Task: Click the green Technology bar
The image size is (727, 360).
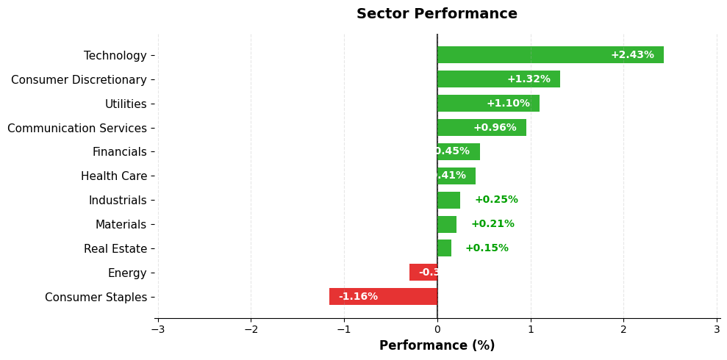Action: pyautogui.click(x=550, y=55)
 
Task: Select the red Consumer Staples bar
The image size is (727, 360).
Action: pyautogui.click(x=383, y=297)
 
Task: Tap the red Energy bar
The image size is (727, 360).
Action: pyautogui.click(x=423, y=273)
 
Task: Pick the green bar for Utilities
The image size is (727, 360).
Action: pyautogui.click(x=488, y=104)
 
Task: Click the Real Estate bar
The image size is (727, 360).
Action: pyautogui.click(x=444, y=248)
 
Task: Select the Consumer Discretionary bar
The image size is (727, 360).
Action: pyautogui.click(x=498, y=79)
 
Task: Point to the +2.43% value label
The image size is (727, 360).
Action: pyautogui.click(x=631, y=55)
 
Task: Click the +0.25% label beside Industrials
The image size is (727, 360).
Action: pyautogui.click(x=496, y=200)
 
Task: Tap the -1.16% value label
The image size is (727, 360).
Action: pyautogui.click(x=358, y=297)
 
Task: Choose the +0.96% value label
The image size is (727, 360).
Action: pyautogui.click(x=495, y=128)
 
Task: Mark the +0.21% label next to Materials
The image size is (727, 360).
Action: pyautogui.click(x=493, y=224)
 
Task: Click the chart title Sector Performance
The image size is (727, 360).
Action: pyautogui.click(x=437, y=14)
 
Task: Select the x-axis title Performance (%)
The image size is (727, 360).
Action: pyautogui.click(x=437, y=345)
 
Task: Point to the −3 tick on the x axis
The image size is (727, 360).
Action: pyautogui.click(x=158, y=329)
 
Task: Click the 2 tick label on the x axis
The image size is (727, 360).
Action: pyautogui.click(x=623, y=329)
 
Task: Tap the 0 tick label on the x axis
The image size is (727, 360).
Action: pyautogui.click(x=437, y=329)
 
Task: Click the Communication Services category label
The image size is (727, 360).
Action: pyautogui.click(x=77, y=129)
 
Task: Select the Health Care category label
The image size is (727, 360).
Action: pyautogui.click(x=114, y=176)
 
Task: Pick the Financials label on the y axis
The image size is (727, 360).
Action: pyautogui.click(x=119, y=152)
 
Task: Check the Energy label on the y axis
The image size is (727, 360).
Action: pyautogui.click(x=127, y=273)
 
